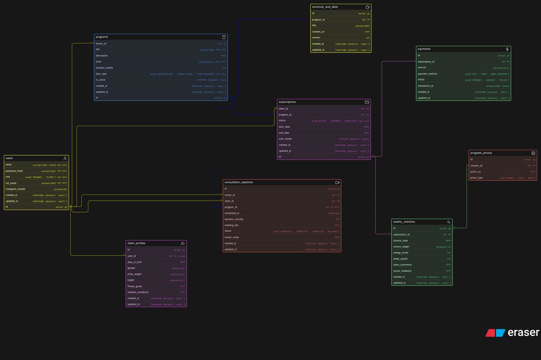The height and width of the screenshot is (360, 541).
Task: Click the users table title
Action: [x=9, y=158]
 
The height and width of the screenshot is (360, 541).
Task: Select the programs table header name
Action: [x=102, y=37]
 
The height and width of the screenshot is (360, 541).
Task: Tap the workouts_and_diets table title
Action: [x=325, y=7]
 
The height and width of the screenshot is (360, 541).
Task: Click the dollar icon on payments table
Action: [x=507, y=49]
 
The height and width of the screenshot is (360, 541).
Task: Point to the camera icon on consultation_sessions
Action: [x=337, y=182]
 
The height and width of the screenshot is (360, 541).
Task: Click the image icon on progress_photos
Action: [x=533, y=153]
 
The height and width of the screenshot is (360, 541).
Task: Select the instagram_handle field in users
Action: [x=15, y=189]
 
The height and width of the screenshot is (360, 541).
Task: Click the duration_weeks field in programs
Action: [x=104, y=68]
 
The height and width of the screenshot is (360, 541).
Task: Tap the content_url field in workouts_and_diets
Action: [x=318, y=32]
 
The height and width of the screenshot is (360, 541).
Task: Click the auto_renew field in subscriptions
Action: [x=285, y=139]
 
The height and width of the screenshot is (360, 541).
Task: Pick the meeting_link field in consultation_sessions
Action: [x=232, y=225]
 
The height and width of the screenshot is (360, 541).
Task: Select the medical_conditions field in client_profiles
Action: [x=138, y=292]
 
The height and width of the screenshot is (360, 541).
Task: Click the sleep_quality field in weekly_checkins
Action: [x=401, y=259]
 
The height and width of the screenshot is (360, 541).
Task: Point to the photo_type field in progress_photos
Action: [x=477, y=178]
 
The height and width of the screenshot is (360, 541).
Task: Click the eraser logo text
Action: [x=524, y=332]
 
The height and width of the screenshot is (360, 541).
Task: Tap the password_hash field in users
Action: [x=14, y=171]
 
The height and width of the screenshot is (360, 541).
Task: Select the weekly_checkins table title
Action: [x=404, y=222]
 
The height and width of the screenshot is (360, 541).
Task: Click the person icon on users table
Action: [x=65, y=158]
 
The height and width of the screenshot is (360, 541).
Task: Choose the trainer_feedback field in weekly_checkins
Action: [x=403, y=271]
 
